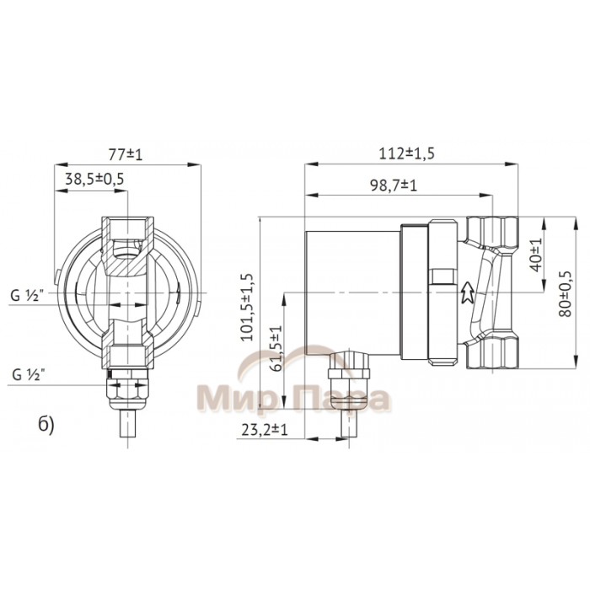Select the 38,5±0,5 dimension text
[94, 179]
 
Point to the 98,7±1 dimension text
[396, 185]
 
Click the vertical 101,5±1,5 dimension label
[247, 305]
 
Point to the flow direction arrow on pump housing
[466, 291]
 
